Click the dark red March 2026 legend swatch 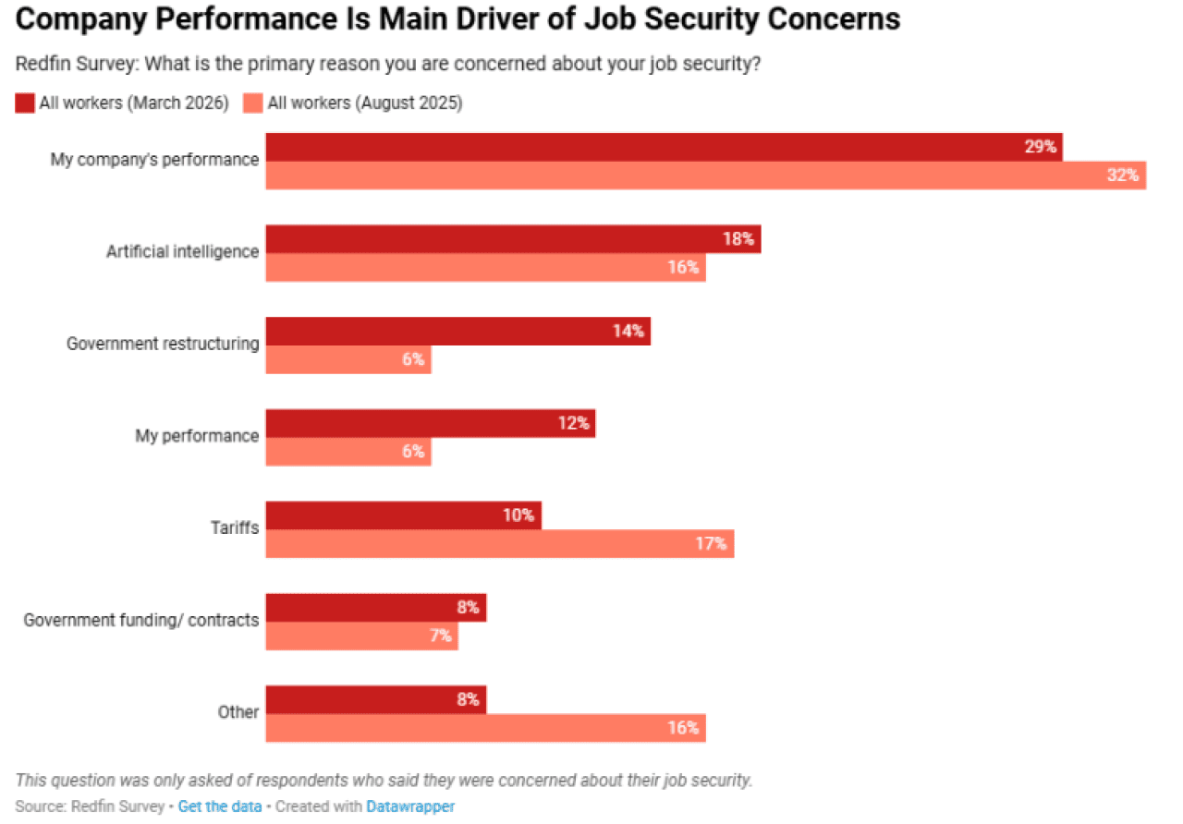pos(25,103)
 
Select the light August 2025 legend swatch pos(253,103)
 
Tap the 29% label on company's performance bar pos(1040,147)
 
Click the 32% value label pos(1123,176)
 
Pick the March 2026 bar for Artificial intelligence pos(513,239)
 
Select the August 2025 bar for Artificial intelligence pos(485,268)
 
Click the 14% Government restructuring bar pos(457,331)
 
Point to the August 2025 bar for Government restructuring pos(348,359)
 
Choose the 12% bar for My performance pos(430,423)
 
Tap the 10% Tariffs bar pos(403,515)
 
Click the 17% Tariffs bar pos(499,544)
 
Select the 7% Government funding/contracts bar pos(361,636)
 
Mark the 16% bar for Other pos(485,728)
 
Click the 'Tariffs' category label pos(234,528)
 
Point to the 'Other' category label pos(238,712)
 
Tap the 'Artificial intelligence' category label pos(182,251)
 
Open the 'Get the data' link pos(220,806)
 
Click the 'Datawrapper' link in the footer pos(410,806)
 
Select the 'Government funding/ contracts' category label pos(140,621)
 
